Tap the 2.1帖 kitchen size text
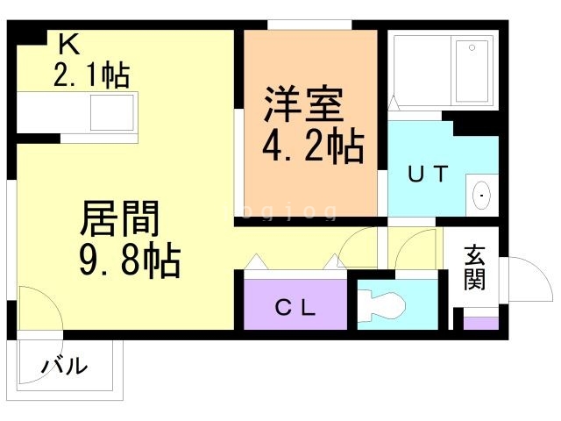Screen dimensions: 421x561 [92, 76]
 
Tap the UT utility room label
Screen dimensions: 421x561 [428, 174]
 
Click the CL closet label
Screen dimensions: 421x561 [295, 308]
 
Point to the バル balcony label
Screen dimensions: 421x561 [65, 365]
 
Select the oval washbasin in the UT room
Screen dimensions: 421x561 [481, 195]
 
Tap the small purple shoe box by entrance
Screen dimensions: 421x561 [480, 323]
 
